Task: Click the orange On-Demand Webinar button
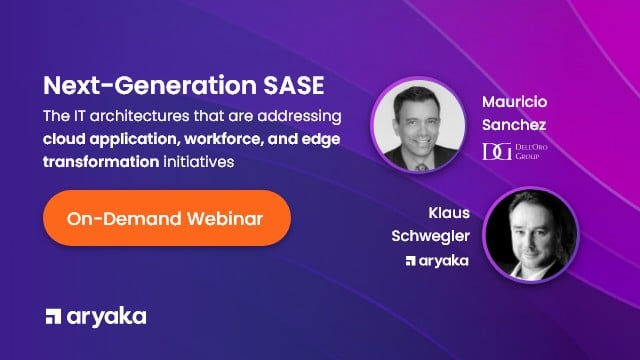[166, 218]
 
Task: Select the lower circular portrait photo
[528, 237]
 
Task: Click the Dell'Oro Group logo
[516, 151]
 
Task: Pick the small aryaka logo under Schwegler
[437, 261]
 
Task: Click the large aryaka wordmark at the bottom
[109, 316]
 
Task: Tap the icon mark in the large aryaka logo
[57, 317]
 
